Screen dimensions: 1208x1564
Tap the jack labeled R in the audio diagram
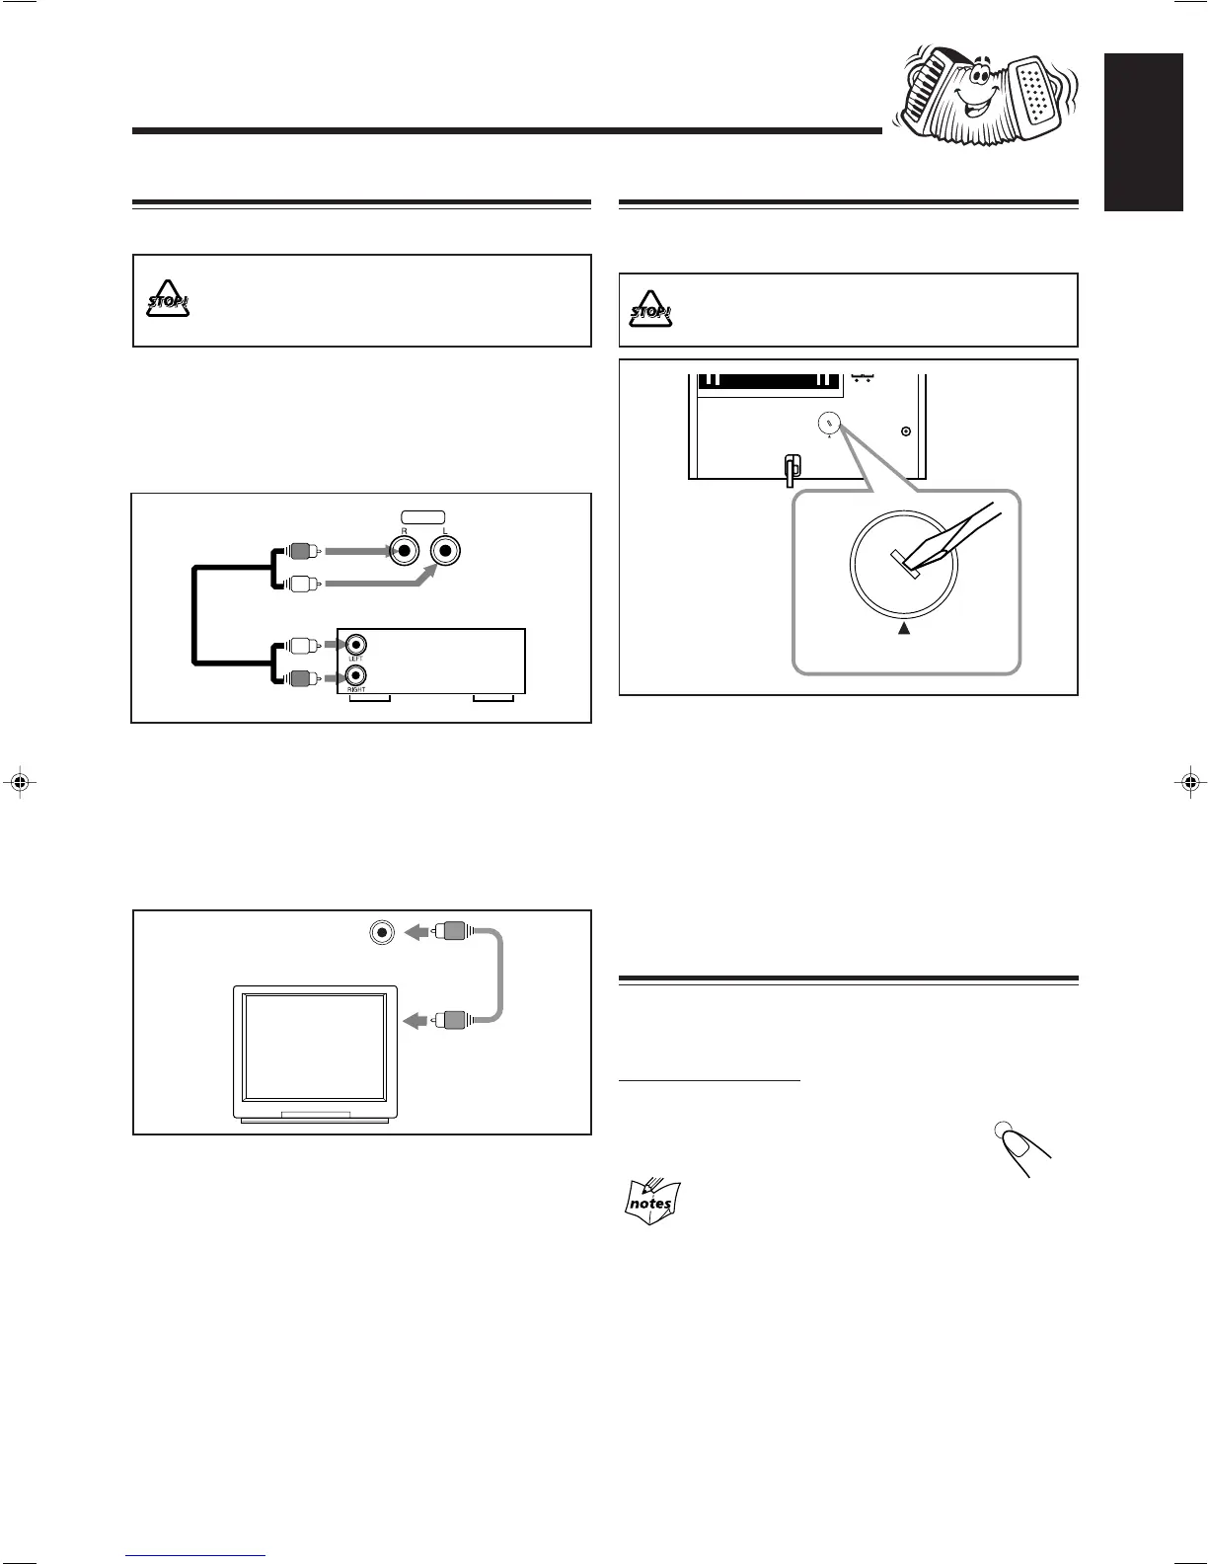click(x=403, y=552)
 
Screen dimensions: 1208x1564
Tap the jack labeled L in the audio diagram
click(x=445, y=552)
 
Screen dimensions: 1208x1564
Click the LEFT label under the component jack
click(x=355, y=659)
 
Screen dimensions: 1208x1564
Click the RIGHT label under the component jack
click(x=356, y=690)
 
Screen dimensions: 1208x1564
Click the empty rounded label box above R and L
click(x=423, y=516)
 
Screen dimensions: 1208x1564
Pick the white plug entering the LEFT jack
click(x=304, y=647)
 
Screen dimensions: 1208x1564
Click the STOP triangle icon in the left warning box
click(x=168, y=299)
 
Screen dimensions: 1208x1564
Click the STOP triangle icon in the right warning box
click(x=651, y=310)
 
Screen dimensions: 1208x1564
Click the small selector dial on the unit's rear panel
click(x=829, y=425)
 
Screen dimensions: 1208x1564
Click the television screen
click(x=315, y=1048)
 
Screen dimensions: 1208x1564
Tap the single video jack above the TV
click(x=381, y=931)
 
